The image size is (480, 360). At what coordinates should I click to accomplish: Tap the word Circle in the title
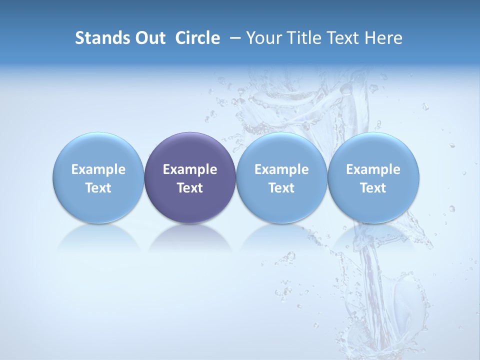tap(197, 38)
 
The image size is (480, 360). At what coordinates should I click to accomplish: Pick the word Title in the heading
tap(302, 38)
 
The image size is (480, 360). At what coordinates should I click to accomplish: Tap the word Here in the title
tap(383, 38)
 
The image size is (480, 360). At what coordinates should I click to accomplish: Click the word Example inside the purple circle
tap(190, 169)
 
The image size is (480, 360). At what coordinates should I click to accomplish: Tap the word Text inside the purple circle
tap(190, 188)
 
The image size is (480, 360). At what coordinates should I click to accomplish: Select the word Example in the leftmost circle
tap(98, 169)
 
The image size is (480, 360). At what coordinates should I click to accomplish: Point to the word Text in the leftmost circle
tap(98, 188)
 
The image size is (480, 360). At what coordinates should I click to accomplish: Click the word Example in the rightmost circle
tap(373, 169)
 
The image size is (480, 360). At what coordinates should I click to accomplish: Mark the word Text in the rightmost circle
tap(373, 188)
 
